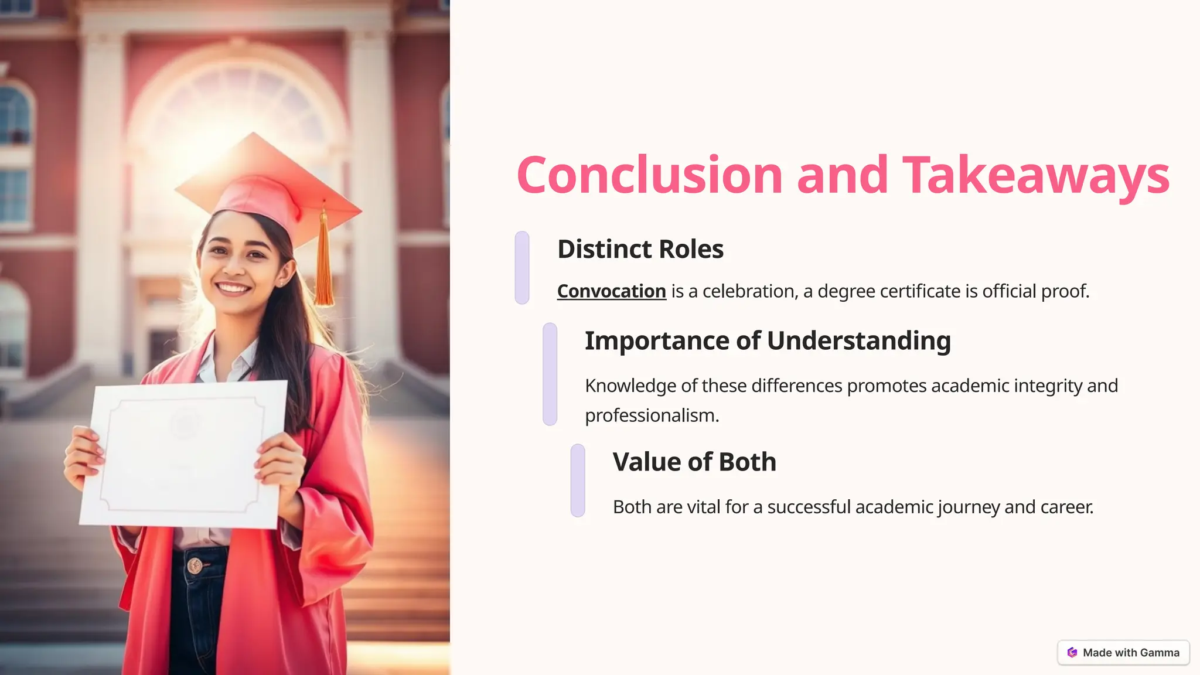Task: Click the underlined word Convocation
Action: [x=611, y=291]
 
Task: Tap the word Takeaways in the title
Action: [x=1035, y=175]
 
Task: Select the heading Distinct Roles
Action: [x=640, y=249]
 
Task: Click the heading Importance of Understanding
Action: [x=768, y=340]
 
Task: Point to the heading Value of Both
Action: [x=694, y=462]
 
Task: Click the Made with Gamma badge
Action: [x=1123, y=653]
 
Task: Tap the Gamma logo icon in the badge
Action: [x=1072, y=653]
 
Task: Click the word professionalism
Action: [x=652, y=415]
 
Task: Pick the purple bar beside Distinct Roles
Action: [x=522, y=268]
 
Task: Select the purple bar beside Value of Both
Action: [x=578, y=480]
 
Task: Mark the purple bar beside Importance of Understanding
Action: [x=550, y=374]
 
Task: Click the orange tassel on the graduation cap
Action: [x=324, y=264]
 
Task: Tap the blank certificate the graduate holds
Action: [x=183, y=454]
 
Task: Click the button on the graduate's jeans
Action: [x=195, y=565]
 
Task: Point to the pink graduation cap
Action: [x=267, y=187]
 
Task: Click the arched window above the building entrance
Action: [x=237, y=103]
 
